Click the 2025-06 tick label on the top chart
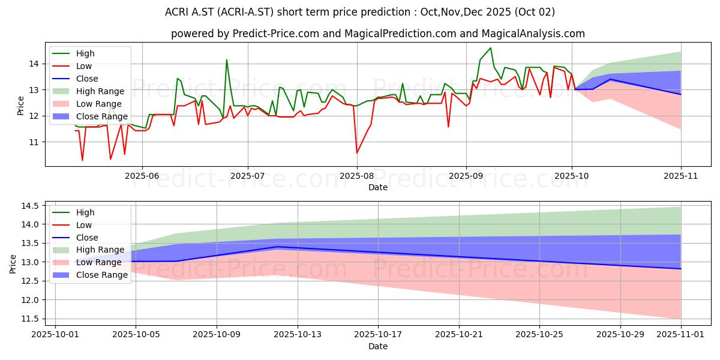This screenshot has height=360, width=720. coord(142,176)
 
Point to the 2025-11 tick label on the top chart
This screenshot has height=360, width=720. coord(680,176)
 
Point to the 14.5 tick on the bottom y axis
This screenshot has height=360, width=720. coord(30,206)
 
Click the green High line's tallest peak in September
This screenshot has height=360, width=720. coord(490,48)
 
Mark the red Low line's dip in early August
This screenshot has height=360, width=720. coord(357,153)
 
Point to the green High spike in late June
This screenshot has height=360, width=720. coord(226,60)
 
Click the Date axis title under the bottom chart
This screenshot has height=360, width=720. coord(378,346)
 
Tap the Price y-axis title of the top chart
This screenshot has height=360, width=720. coord(21,106)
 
